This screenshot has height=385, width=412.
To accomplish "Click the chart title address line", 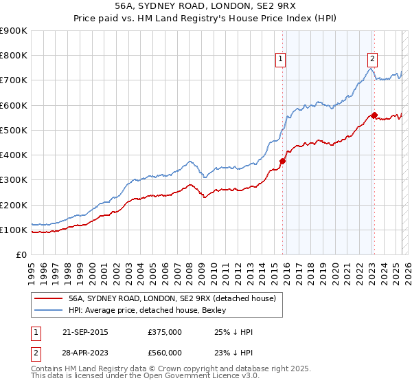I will pos(205,5).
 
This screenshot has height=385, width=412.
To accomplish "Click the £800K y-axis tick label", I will pos(13,56).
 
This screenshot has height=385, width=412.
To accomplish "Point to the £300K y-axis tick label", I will pos(13,180).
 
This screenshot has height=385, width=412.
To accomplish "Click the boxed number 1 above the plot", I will pos(282,60).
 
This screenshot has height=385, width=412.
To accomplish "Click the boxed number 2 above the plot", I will pos(372,60).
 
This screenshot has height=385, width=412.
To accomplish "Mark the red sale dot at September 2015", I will pos(282,162).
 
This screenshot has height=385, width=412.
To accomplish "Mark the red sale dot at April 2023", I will pos(374,115).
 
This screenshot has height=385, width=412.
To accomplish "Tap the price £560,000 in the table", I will pos(165,353).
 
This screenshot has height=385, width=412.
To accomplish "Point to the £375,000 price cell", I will pos(165,332).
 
